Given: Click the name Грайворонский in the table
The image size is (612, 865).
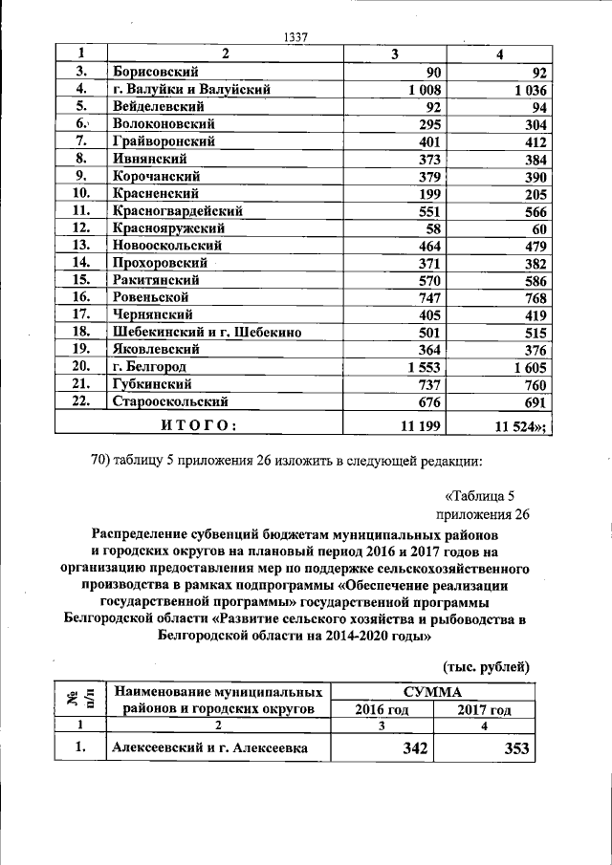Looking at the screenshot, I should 162,141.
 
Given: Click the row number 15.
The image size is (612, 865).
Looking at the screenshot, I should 80,280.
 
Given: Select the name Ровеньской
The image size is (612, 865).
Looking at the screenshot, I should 155,297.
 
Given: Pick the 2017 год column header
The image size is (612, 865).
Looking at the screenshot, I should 484,709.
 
